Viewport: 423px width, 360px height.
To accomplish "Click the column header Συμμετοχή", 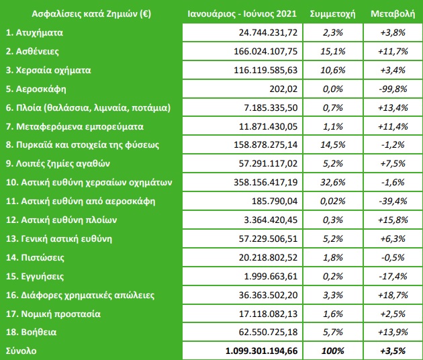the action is coord(332,14).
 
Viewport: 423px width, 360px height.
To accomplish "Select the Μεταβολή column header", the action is coord(393,13).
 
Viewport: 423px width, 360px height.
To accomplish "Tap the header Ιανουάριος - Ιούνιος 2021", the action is coord(242,13).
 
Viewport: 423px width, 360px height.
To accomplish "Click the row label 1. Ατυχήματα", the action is coord(34,33).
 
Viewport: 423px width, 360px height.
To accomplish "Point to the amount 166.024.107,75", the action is coord(265,51).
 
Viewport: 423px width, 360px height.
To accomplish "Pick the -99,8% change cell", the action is coord(393,89).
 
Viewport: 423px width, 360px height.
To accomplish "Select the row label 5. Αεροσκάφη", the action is coord(36,89).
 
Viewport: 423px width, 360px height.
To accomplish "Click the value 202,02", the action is coord(283,89).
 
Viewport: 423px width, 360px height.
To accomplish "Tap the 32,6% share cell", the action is coord(332,183).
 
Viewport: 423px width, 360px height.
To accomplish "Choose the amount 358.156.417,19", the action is coord(265,183).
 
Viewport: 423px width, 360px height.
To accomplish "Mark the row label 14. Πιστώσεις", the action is coord(35,257).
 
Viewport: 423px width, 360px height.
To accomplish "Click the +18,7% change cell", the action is coord(393,295).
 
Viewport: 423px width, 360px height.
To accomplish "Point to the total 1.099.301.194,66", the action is coord(261,351).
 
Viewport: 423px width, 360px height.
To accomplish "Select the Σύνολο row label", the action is coord(21,351).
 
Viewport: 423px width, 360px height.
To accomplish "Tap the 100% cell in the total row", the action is coord(332,351).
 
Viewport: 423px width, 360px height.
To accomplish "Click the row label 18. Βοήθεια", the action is coord(32,332).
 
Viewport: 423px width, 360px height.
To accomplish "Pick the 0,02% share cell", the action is coord(332,201).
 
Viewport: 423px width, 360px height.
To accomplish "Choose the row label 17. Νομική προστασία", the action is coord(53,314).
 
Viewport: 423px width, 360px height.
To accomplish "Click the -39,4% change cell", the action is coord(393,201).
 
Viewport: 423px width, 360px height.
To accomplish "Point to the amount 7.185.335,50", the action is coord(271,107).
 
